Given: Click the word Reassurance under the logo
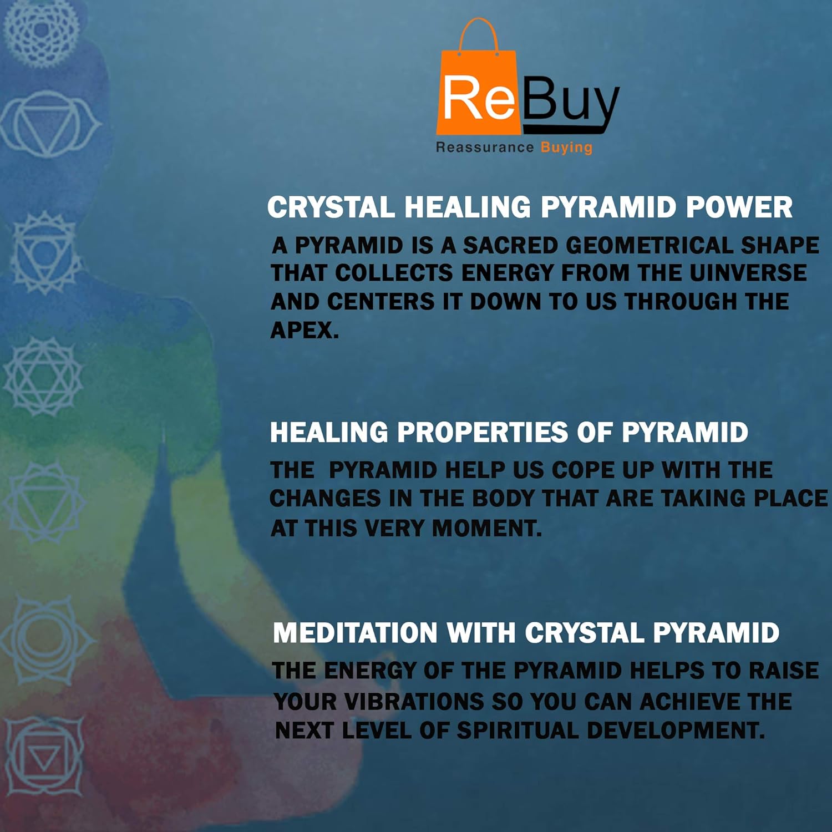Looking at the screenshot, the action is coord(484,147).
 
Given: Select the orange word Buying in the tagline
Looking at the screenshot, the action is coord(566,148).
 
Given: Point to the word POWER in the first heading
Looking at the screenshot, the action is coord(739,208).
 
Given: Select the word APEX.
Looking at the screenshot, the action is coord(305,331).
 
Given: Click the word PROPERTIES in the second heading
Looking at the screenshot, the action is coord(483,433).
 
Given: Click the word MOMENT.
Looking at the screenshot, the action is coord(486,528).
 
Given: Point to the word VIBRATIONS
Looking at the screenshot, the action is coord(414,702).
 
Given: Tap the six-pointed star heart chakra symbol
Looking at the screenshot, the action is coord(43,377).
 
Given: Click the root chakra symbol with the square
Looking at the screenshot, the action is coord(44,756).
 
